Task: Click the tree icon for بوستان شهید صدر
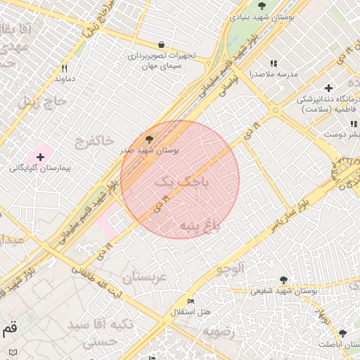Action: [148, 139]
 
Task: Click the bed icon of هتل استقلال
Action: [191, 301]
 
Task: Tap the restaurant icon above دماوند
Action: [65, 69]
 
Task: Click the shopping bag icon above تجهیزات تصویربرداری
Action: [162, 44]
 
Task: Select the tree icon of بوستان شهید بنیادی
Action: [262, 6]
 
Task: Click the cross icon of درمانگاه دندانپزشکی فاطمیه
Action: [328, 88]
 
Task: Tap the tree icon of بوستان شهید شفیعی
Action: [283, 280]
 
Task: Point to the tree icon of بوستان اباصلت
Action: [342, 333]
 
